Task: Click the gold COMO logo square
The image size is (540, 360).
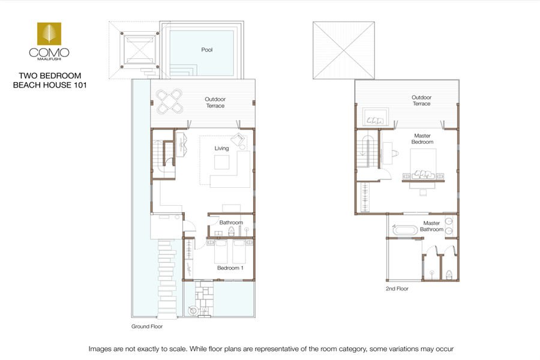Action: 49,34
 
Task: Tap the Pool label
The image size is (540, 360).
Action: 206,50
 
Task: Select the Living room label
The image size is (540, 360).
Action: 221,148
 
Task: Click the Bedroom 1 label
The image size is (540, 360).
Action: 230,268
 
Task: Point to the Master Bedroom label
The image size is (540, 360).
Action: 422,139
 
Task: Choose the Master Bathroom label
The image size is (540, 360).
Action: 431,226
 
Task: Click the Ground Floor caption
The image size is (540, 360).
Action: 147,326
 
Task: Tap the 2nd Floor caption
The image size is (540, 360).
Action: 397,289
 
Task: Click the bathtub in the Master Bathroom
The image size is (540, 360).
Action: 406,230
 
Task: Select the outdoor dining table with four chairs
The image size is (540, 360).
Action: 169,101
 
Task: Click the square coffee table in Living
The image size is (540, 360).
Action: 222,162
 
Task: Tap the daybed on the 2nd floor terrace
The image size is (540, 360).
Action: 376,118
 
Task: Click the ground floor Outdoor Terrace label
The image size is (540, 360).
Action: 215,103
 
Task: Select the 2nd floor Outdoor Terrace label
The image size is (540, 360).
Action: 422,100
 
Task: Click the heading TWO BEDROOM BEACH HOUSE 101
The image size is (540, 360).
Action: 50,80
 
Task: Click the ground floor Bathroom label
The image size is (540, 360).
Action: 231,223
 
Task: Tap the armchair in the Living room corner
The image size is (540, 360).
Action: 238,140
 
